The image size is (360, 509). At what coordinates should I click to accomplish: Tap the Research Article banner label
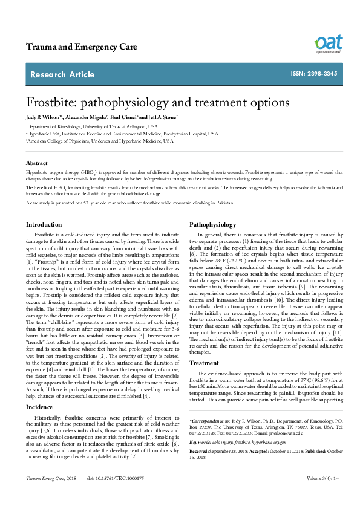pos(62,74)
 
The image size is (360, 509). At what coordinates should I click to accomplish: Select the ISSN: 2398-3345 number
pos(314,74)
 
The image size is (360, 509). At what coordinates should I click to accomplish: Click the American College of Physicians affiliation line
pos(100,140)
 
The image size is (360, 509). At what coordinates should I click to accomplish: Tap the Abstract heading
pos(36,163)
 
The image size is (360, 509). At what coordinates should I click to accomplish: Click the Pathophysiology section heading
pos(213,225)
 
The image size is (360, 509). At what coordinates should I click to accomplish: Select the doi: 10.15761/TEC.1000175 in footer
pos(117,495)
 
